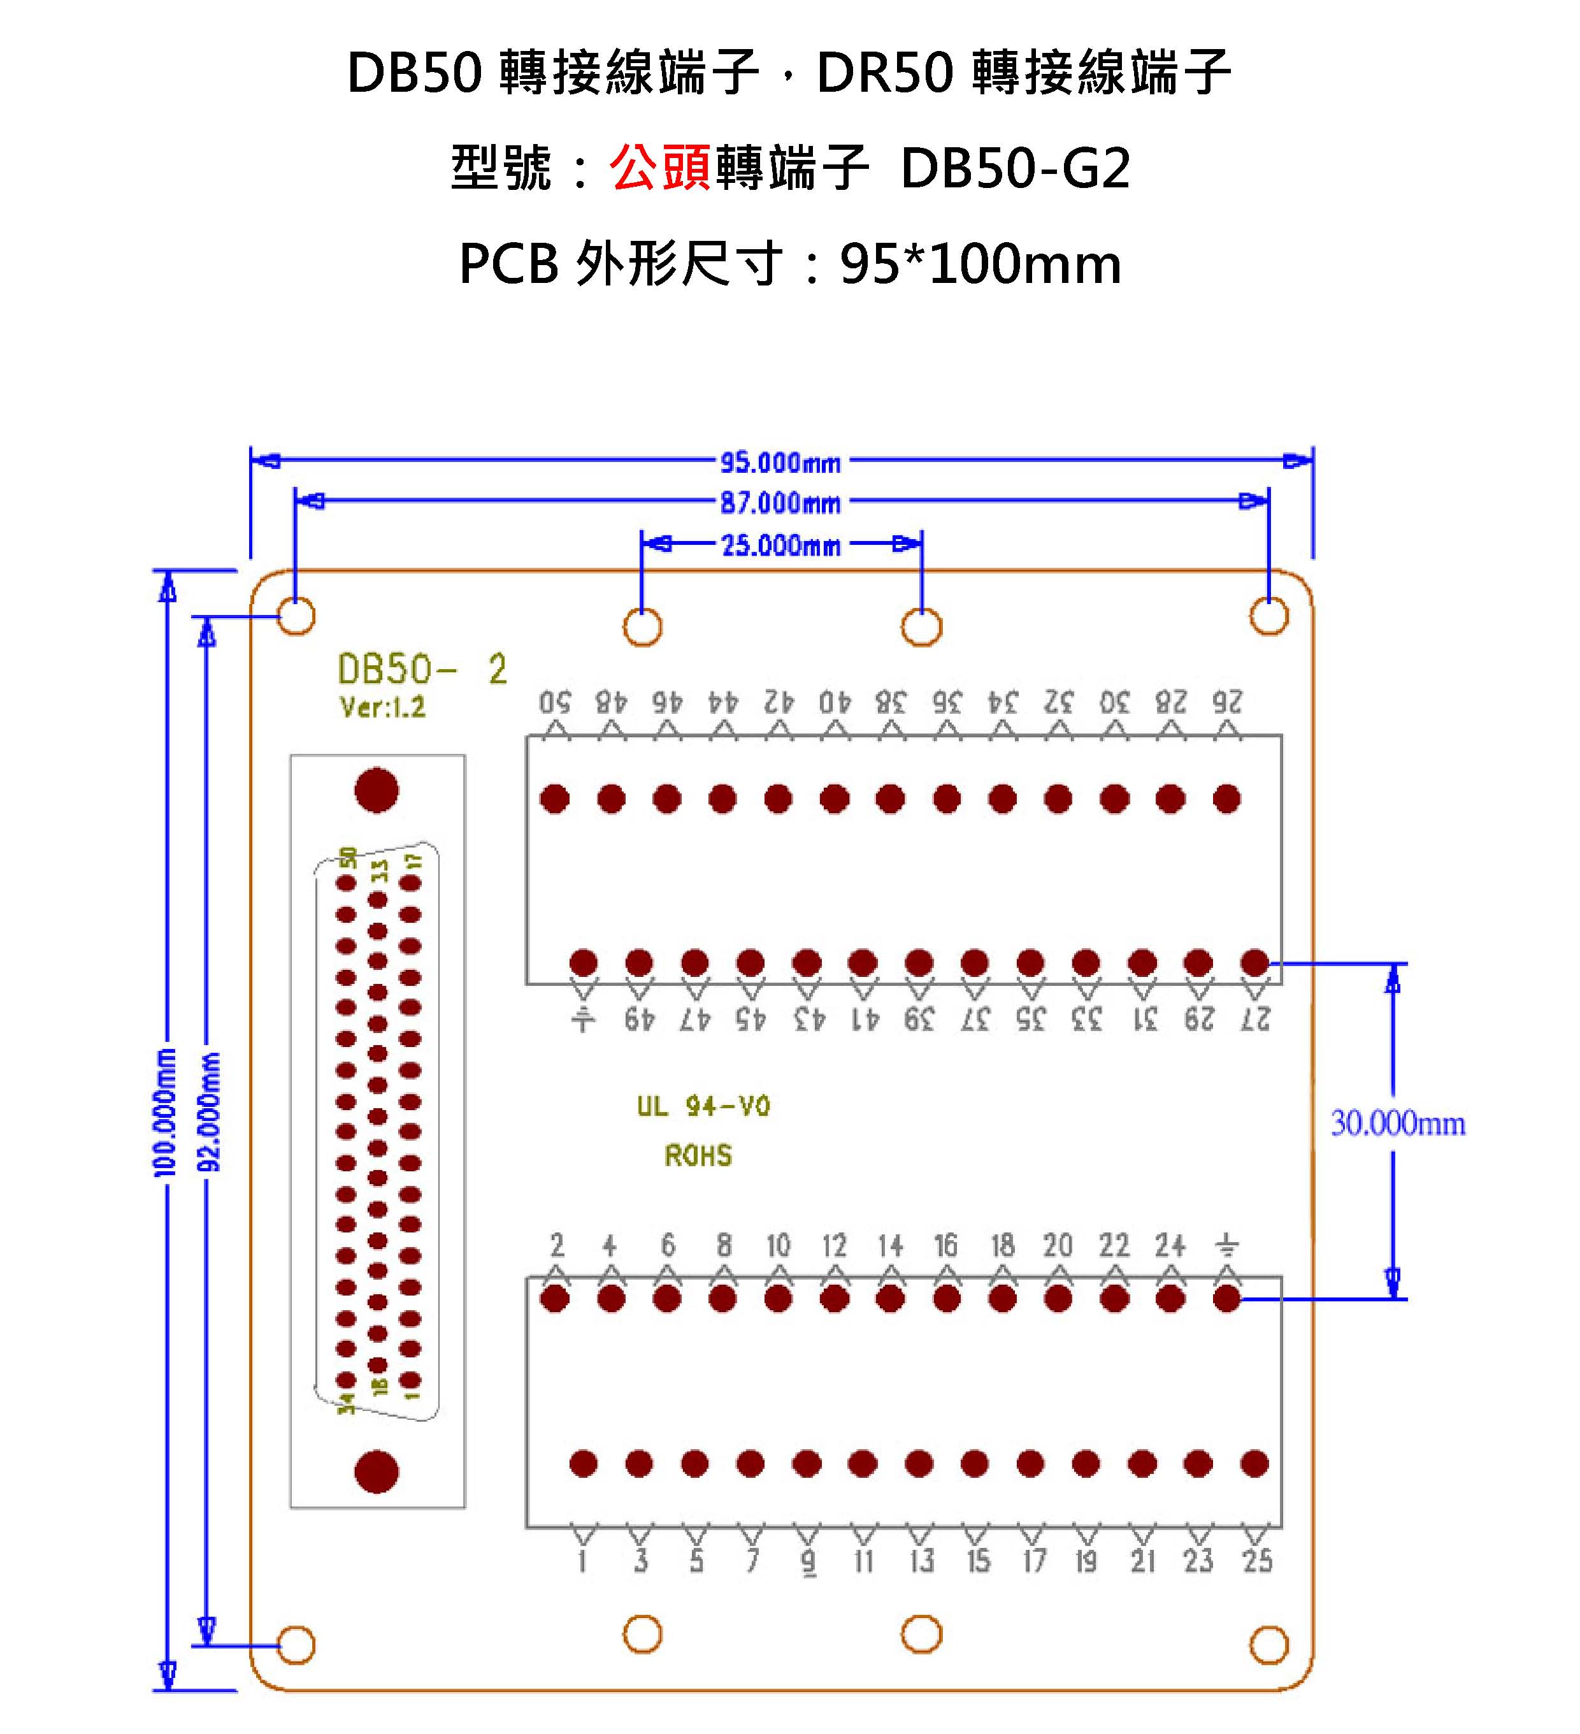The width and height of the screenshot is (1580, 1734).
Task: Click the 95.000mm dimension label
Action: click(x=779, y=462)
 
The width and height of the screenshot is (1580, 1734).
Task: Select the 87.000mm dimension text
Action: click(x=779, y=502)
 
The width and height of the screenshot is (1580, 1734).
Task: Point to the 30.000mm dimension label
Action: click(x=1397, y=1123)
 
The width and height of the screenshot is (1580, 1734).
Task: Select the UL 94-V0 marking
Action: click(x=703, y=1106)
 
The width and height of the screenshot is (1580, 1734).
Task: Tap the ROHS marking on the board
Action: click(x=698, y=1155)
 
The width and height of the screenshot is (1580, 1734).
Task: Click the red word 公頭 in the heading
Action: click(x=659, y=167)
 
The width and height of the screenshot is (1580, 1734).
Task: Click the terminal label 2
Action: click(x=556, y=1245)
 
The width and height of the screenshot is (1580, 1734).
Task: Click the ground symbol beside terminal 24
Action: click(x=1226, y=1245)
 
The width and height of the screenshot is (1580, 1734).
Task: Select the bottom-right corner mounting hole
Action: click(x=1268, y=1645)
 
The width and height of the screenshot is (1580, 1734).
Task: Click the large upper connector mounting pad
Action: click(x=377, y=790)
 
